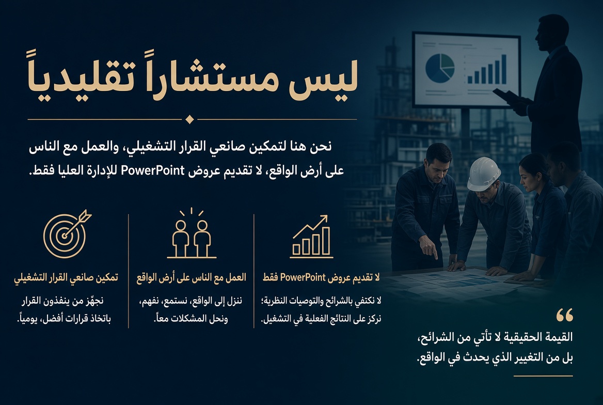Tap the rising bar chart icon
pyautogui.click(x=311, y=237)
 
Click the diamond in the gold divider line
pyautogui.click(x=189, y=119)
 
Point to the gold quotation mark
pyautogui.click(x=565, y=315)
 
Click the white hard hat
pyautogui.click(x=484, y=174)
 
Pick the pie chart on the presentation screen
pyautogui.click(x=439, y=68)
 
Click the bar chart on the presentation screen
pyautogui.click(x=487, y=70)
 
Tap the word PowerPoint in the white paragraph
pyautogui.click(x=153, y=170)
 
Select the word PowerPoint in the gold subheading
pyautogui.click(x=303, y=277)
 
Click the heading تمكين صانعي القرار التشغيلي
pyautogui.click(x=66, y=277)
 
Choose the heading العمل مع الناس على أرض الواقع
pyautogui.click(x=191, y=277)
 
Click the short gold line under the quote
pyautogui.click(x=543, y=376)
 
